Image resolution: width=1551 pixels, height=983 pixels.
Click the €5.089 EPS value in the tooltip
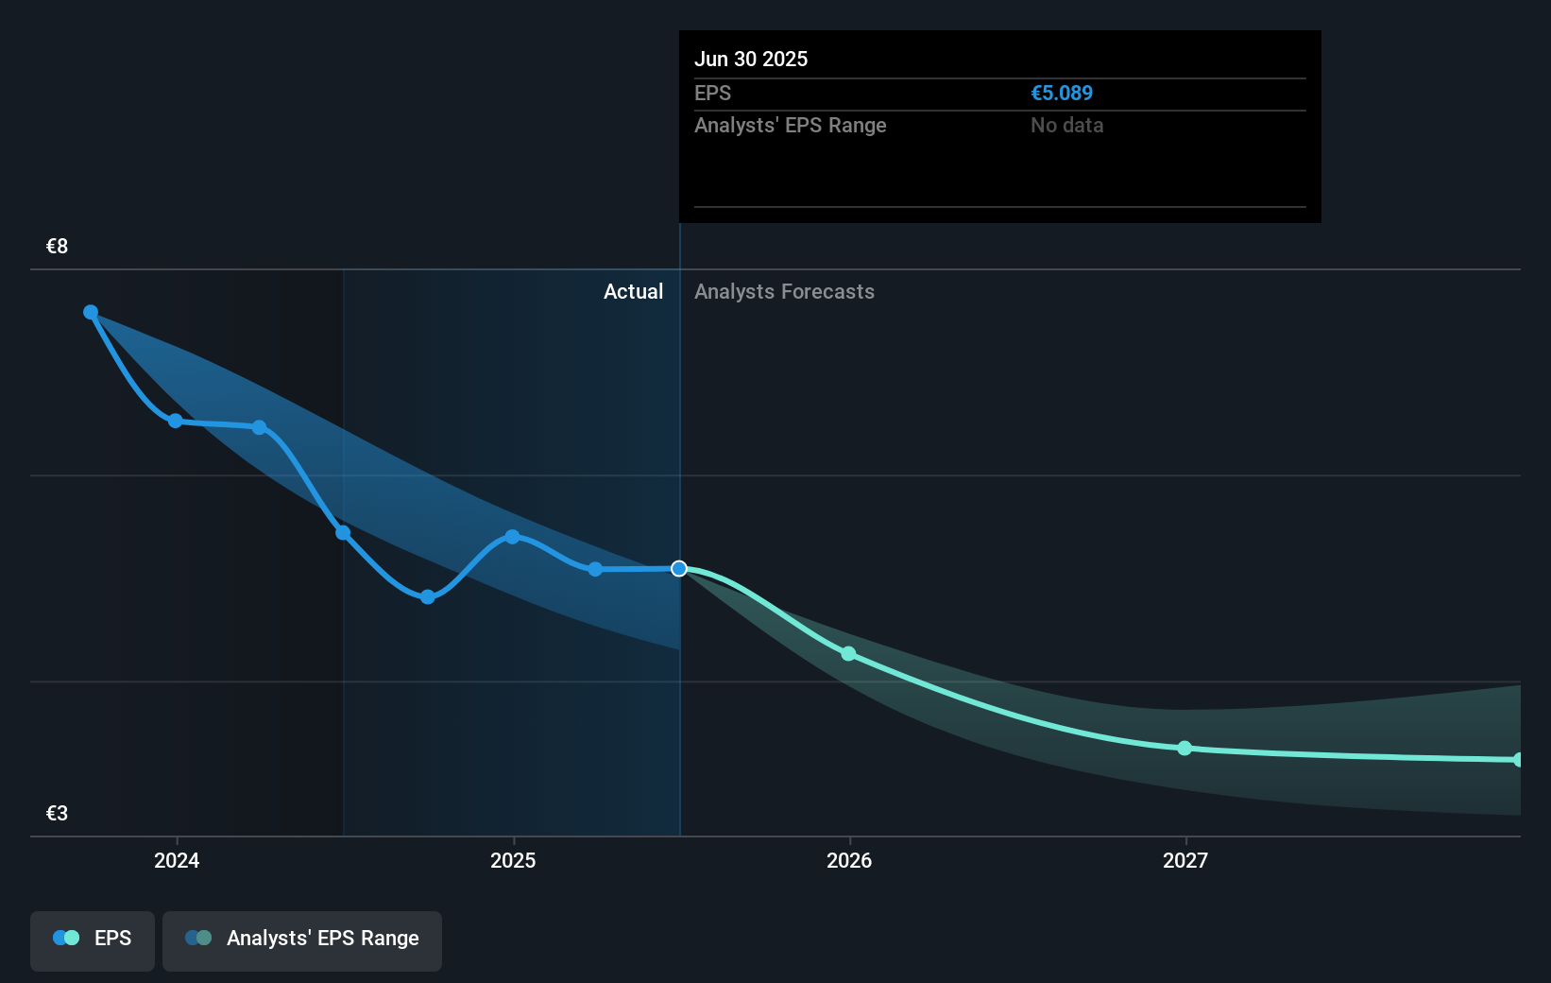[x=1061, y=94]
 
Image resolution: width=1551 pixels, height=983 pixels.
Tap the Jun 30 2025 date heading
[x=751, y=60]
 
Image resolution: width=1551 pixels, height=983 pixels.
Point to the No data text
[x=1066, y=126]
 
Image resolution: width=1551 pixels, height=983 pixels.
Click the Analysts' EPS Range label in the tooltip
[x=790, y=126]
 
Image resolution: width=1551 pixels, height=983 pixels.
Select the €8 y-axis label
[x=57, y=247]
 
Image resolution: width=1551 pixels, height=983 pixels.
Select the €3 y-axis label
[x=57, y=814]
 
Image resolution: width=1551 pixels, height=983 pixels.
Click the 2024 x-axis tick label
[x=177, y=860]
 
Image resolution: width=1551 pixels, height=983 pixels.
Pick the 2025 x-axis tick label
[x=513, y=860]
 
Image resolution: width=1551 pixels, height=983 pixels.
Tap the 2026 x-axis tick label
[x=849, y=860]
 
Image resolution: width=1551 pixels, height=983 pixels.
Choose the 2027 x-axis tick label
[x=1185, y=860]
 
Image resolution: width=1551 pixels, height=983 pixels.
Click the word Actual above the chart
[x=633, y=292]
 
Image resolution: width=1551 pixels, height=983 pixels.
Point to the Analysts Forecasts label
[x=784, y=292]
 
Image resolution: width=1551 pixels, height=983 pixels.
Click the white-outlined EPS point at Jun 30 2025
[x=679, y=569]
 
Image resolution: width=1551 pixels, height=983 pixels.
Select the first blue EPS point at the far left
[x=91, y=312]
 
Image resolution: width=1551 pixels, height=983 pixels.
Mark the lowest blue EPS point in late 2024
[x=428, y=597]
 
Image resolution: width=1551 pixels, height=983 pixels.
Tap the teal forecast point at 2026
[x=848, y=654]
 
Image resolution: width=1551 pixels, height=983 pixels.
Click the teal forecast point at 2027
[x=1185, y=749]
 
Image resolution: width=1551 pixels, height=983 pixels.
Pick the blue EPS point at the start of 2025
[x=512, y=537]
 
